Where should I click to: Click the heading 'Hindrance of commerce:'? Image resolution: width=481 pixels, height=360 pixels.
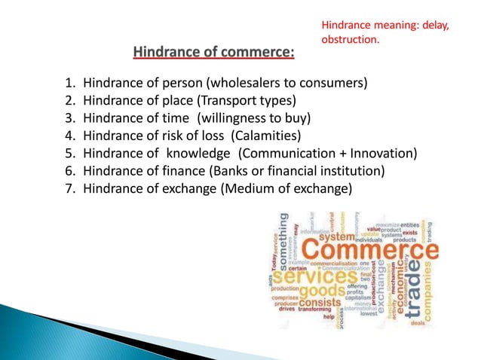pyautogui.click(x=214, y=53)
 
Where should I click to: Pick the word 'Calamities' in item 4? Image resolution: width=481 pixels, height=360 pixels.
pyautogui.click(x=266, y=136)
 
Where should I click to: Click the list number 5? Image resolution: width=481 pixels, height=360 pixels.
pyautogui.click(x=69, y=154)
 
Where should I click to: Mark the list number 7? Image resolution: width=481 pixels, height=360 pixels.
pyautogui.click(x=69, y=189)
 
